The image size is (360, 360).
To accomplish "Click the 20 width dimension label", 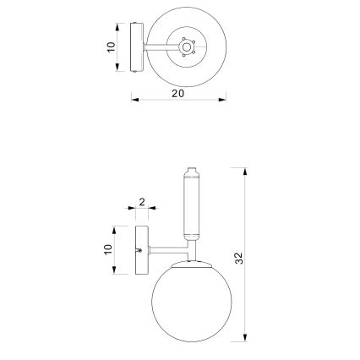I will click(177, 94).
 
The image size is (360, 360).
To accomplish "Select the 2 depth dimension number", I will click(141, 202).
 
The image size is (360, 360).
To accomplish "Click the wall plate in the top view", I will click(135, 48).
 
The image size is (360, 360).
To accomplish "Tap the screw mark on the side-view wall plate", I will click(140, 251).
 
